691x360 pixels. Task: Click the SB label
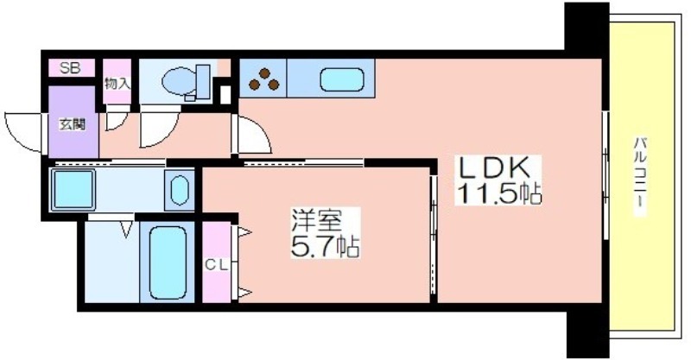click(x=71, y=68)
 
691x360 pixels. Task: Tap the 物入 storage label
click(x=117, y=84)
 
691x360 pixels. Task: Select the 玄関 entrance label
click(x=73, y=124)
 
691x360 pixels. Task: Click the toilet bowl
click(x=179, y=81)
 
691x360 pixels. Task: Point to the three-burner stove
click(x=263, y=79)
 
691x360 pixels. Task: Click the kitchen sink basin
click(x=341, y=79)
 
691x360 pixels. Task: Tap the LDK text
click(x=493, y=167)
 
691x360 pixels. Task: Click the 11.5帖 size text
click(x=499, y=193)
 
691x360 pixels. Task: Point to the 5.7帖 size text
click(x=326, y=246)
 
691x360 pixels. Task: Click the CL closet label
click(x=217, y=265)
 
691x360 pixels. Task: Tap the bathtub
click(x=168, y=262)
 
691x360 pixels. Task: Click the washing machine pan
click(x=73, y=189)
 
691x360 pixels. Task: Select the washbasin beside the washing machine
click(x=180, y=190)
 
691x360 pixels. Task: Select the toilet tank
click(x=203, y=81)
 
